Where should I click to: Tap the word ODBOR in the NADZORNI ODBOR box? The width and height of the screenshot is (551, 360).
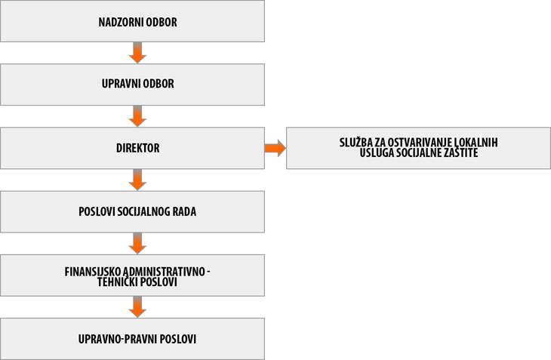click(x=162, y=22)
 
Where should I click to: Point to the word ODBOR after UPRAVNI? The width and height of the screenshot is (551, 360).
click(x=159, y=84)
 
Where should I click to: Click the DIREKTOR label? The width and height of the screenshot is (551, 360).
click(x=137, y=148)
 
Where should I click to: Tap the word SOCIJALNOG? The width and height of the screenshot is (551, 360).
click(x=143, y=211)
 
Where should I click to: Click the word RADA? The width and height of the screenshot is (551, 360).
click(x=184, y=211)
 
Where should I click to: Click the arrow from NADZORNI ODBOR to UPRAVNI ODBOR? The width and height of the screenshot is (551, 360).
click(x=137, y=53)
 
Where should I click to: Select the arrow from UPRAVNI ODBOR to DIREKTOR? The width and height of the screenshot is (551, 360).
click(x=137, y=116)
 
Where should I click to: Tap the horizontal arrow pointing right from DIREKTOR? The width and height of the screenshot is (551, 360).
click(x=275, y=148)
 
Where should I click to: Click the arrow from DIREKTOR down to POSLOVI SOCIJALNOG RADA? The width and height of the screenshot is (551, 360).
click(x=137, y=180)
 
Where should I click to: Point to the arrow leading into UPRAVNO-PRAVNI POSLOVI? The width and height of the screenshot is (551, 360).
click(x=137, y=307)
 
